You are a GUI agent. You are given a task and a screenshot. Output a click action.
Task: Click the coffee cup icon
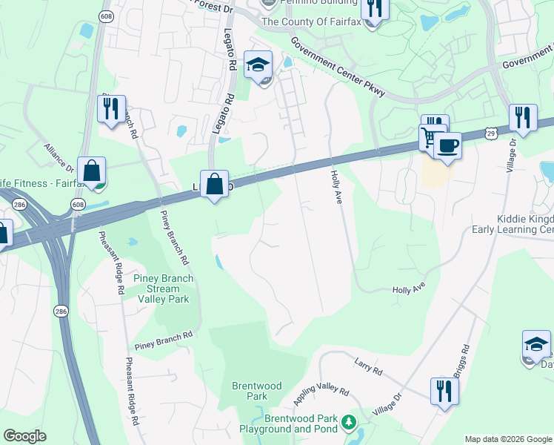pos(447,145)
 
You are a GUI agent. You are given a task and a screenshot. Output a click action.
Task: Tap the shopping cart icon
pos(430,136)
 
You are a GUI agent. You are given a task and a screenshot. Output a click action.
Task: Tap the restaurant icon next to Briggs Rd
pos(443,390)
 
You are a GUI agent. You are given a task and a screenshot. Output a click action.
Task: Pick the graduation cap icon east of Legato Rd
pos(258,65)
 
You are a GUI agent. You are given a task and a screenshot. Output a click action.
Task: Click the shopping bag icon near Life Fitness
pos(92,171)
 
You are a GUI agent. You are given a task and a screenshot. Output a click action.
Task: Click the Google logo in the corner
pos(24,436)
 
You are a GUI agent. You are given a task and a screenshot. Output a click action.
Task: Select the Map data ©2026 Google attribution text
pos(507,439)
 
